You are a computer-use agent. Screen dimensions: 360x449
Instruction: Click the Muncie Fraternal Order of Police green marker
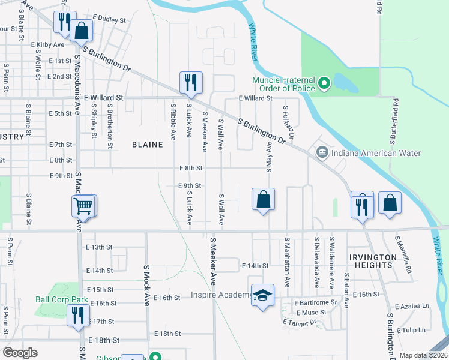point(324,83)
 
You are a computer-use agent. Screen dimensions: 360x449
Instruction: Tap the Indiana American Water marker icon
point(321,153)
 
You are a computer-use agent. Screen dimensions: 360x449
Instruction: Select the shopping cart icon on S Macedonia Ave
point(83,206)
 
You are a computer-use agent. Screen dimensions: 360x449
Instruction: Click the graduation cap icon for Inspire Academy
point(262,295)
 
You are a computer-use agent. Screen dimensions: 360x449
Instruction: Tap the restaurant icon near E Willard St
point(191,83)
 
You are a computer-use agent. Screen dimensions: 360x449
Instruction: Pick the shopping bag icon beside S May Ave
point(263,199)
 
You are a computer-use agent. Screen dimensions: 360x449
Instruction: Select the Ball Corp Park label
point(62,299)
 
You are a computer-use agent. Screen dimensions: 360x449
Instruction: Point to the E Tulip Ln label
point(414,330)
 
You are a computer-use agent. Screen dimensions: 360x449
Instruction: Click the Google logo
point(20,352)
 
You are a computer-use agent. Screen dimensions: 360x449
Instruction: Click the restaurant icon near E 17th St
point(77,315)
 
